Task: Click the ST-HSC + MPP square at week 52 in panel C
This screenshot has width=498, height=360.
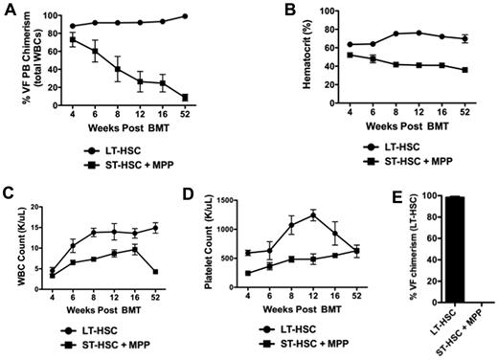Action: coord(154,272)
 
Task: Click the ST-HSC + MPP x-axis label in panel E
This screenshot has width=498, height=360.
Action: coord(474,330)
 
